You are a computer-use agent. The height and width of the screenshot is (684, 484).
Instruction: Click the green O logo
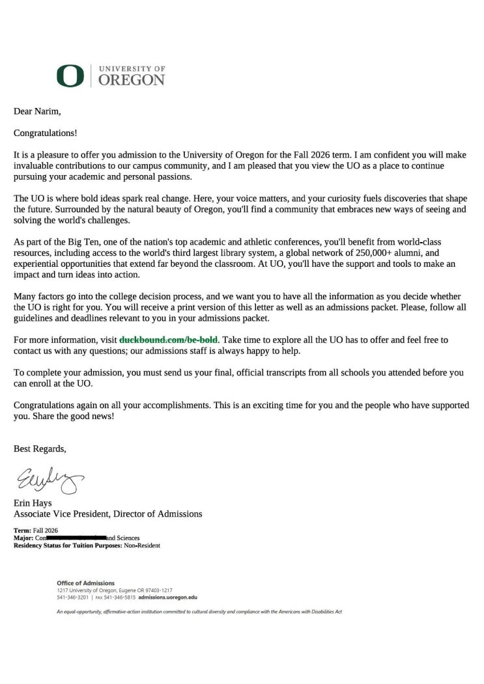pyautogui.click(x=70, y=75)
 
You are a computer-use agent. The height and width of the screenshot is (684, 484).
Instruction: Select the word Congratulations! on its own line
pyautogui.click(x=46, y=133)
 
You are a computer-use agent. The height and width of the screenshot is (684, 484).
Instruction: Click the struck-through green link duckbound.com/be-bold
pyautogui.click(x=169, y=340)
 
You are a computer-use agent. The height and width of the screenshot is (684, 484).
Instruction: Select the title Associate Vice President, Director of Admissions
pyautogui.click(x=108, y=513)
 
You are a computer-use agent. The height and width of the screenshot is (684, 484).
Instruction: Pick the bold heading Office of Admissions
pyautogui.click(x=85, y=582)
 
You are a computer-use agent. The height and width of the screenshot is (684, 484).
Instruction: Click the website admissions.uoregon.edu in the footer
pyautogui.click(x=168, y=597)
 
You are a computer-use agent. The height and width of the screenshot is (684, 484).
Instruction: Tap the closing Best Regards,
pyautogui.click(x=40, y=448)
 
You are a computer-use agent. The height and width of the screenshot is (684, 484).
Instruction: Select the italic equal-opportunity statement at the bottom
pyautogui.click(x=199, y=612)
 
